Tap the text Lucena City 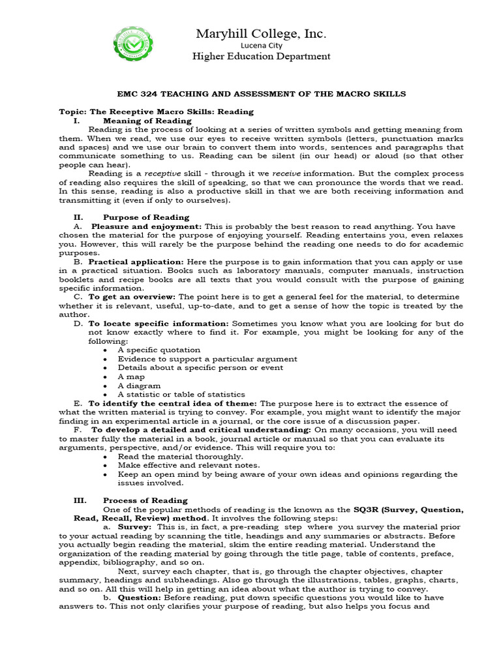pyautogui.click(x=261, y=45)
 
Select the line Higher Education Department pyautogui.click(x=261, y=56)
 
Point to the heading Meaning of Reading pyautogui.click(x=147, y=121)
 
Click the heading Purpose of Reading pyautogui.click(x=146, y=217)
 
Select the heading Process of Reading pyautogui.click(x=145, y=500)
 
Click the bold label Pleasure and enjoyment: pyautogui.click(x=146, y=226)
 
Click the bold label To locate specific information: pyautogui.click(x=159, y=324)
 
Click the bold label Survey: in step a pyautogui.click(x=134, y=526)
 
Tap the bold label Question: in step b pyautogui.click(x=138, y=597)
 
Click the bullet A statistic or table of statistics pyautogui.click(x=181, y=394)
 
